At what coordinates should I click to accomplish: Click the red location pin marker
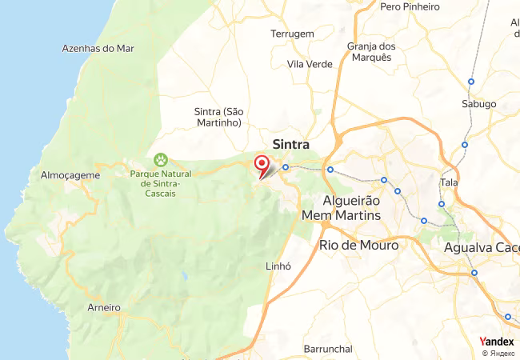coord(261,165)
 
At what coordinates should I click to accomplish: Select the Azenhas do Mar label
coord(98,48)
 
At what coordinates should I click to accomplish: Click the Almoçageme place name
coord(70,174)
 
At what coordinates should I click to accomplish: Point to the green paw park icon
coord(161,160)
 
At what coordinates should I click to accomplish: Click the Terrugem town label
coord(292,34)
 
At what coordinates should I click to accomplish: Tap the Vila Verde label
coord(309,64)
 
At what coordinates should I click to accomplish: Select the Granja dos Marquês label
coord(370,52)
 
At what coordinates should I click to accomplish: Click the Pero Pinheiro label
coord(410,6)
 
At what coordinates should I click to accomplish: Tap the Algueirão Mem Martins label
coord(342,208)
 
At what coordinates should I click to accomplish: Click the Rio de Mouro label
coord(358,246)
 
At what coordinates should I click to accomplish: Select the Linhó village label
coord(276,266)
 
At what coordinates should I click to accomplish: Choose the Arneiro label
coord(103,307)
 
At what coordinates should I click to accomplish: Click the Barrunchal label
coord(328,349)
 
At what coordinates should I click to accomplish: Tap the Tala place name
coord(448,183)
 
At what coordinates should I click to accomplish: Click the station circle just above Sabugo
coord(471,81)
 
